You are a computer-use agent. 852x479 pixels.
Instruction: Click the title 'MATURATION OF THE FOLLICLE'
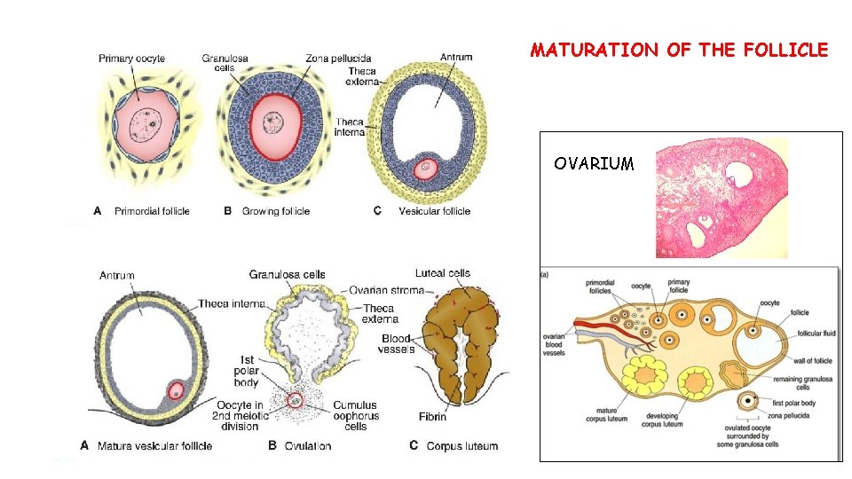[x=679, y=51]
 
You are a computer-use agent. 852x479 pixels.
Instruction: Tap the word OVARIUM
[x=594, y=164]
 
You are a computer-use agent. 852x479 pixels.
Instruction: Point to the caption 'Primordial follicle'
[x=152, y=211]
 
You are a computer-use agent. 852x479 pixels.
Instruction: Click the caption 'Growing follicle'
[x=275, y=211]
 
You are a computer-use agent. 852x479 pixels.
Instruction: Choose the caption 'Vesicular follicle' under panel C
[x=434, y=211]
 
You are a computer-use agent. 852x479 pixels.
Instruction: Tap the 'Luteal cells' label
[x=442, y=273]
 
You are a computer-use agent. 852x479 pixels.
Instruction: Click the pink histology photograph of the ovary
[x=721, y=197]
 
